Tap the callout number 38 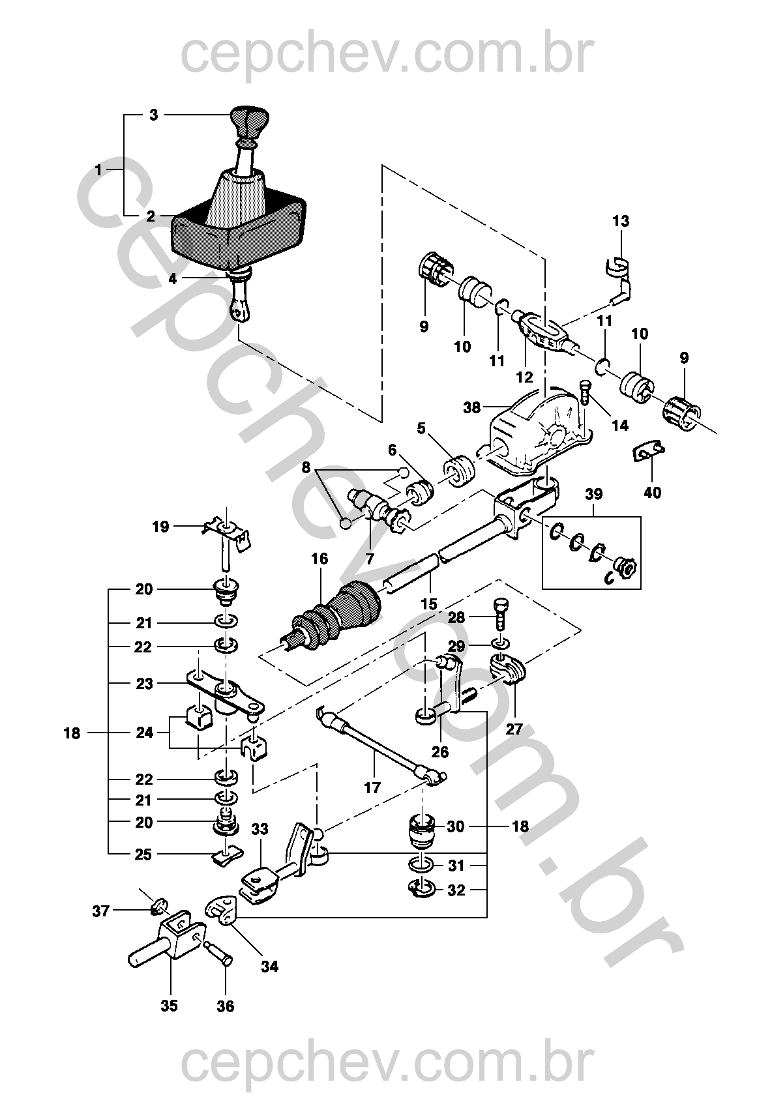point(471,408)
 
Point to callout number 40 point(652,493)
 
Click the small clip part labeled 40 point(647,450)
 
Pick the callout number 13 point(621,221)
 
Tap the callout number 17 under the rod point(372,787)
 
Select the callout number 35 point(169,1006)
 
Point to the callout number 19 point(160,526)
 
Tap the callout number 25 point(143,854)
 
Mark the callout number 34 point(269,966)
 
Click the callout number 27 point(514,729)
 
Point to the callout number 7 point(369,558)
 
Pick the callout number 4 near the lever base point(172,279)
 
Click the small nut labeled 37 point(160,905)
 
